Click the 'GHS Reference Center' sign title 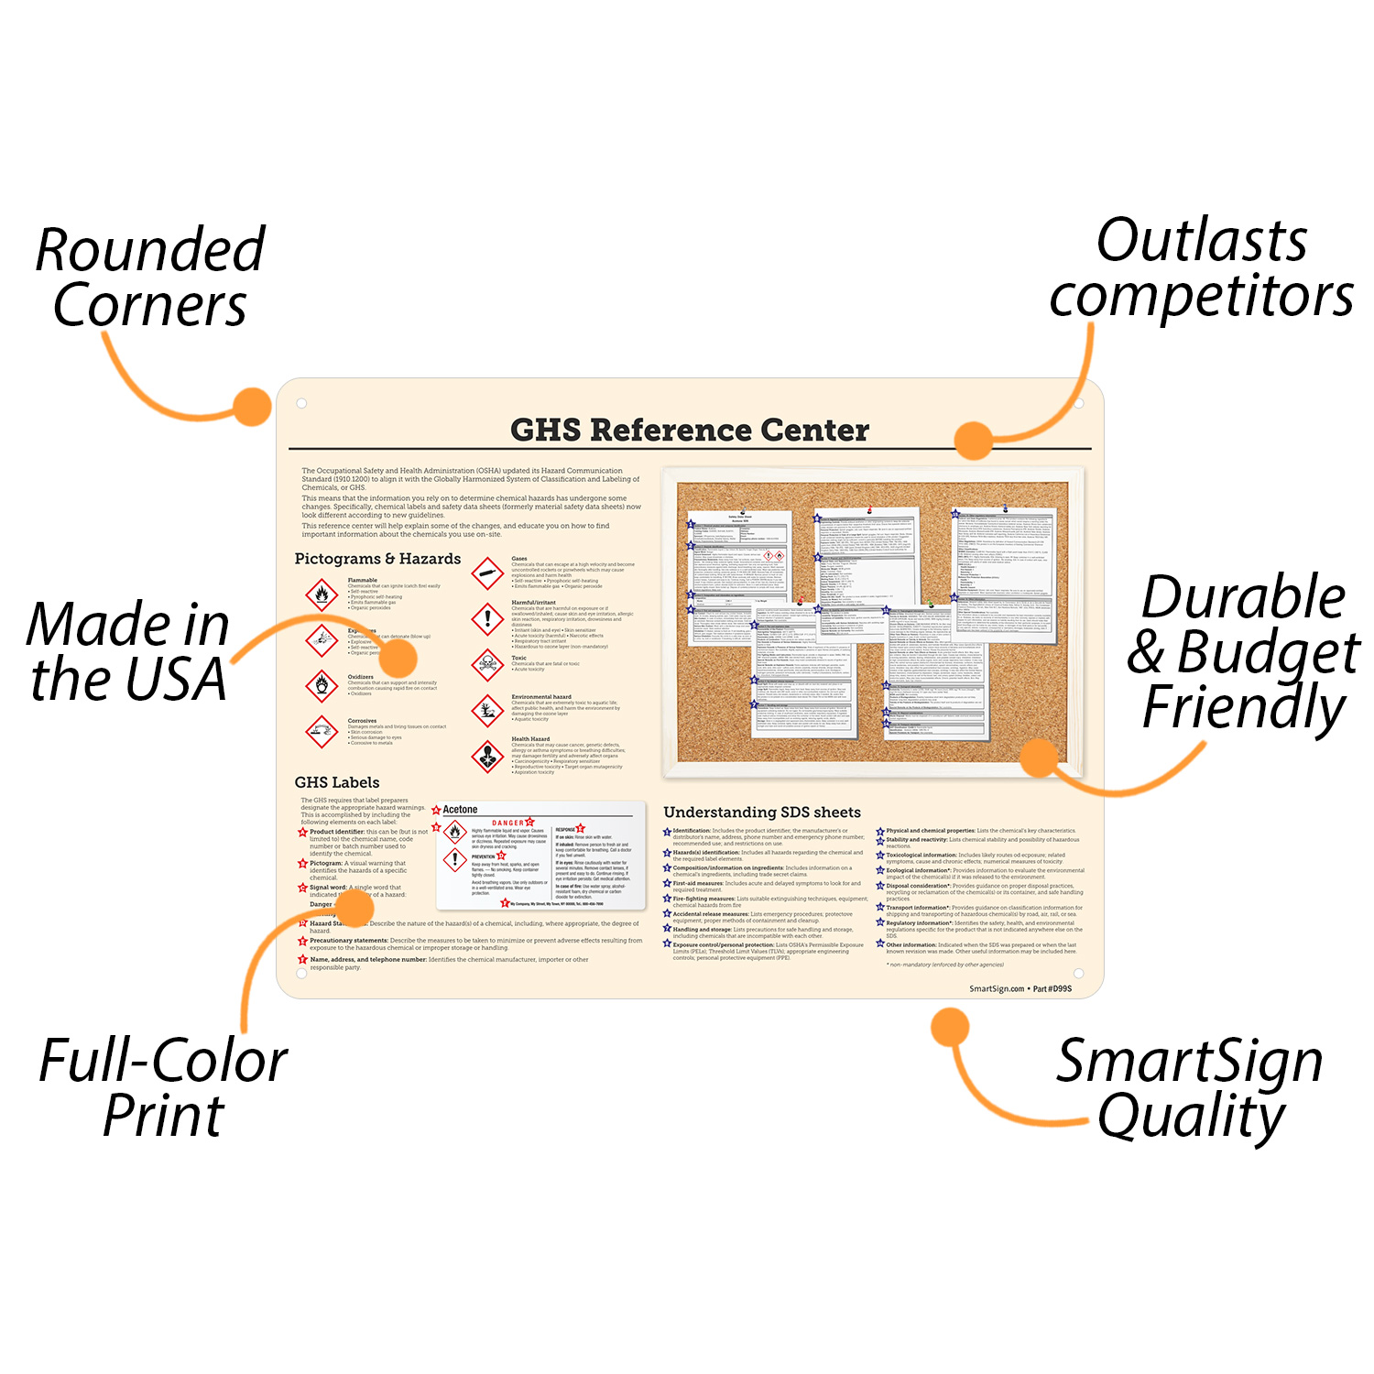point(689,430)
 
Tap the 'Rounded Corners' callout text point(149,277)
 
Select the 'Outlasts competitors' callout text point(1201,267)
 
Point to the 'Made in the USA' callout point(128,651)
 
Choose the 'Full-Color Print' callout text point(163,1087)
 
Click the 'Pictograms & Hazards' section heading point(377,559)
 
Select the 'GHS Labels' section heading point(337,782)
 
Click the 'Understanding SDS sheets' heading point(762,812)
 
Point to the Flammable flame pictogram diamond point(322,594)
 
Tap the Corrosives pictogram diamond point(322,731)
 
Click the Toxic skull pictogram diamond point(487,663)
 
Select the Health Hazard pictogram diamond point(487,756)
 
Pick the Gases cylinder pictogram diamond point(487,573)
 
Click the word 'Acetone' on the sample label point(460,810)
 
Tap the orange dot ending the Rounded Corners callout point(252,407)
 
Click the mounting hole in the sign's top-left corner point(301,403)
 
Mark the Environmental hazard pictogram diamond point(487,710)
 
